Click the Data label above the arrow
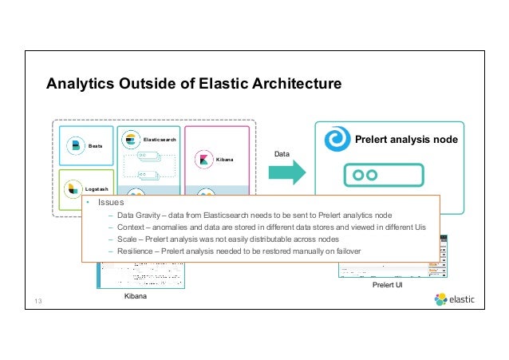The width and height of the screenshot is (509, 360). click(282, 152)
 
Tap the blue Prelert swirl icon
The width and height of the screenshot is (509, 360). click(337, 140)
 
